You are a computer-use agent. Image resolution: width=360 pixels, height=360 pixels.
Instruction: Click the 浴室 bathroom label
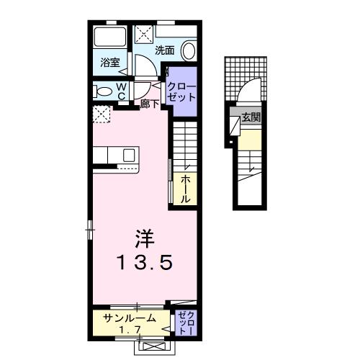(110, 63)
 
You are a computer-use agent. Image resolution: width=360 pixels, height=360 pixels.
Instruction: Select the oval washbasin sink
(189, 50)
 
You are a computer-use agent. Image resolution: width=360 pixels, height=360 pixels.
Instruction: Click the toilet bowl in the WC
(104, 91)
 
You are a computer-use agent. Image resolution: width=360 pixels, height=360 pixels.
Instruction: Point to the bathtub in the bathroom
(112, 39)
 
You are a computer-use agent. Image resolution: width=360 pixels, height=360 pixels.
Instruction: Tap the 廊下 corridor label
(150, 103)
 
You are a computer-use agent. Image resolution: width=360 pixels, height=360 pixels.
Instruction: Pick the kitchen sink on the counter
(130, 155)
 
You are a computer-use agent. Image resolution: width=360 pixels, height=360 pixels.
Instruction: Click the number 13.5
(145, 263)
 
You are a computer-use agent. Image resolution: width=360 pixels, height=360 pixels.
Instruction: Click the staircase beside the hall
(185, 143)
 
